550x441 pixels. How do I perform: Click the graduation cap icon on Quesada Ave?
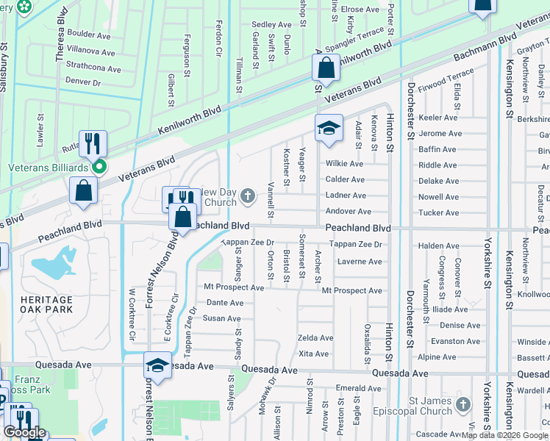pyautogui.click(x=157, y=365)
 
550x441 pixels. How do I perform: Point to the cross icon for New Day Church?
pyautogui.click(x=249, y=196)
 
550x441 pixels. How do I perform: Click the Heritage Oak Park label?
pyautogui.click(x=47, y=304)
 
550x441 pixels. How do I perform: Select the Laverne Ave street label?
pyautogui.click(x=360, y=262)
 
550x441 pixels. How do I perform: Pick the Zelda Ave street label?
pyautogui.click(x=315, y=338)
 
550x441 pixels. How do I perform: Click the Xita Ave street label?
pyautogui.click(x=313, y=354)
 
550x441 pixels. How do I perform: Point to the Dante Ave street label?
pyautogui.click(x=225, y=303)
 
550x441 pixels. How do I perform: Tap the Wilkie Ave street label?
pyautogui.click(x=345, y=164)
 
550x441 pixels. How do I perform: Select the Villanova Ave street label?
pyautogui.click(x=91, y=53)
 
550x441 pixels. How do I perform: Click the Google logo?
pyautogui.click(x=24, y=432)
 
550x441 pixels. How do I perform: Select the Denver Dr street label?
pyautogui.click(x=83, y=83)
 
